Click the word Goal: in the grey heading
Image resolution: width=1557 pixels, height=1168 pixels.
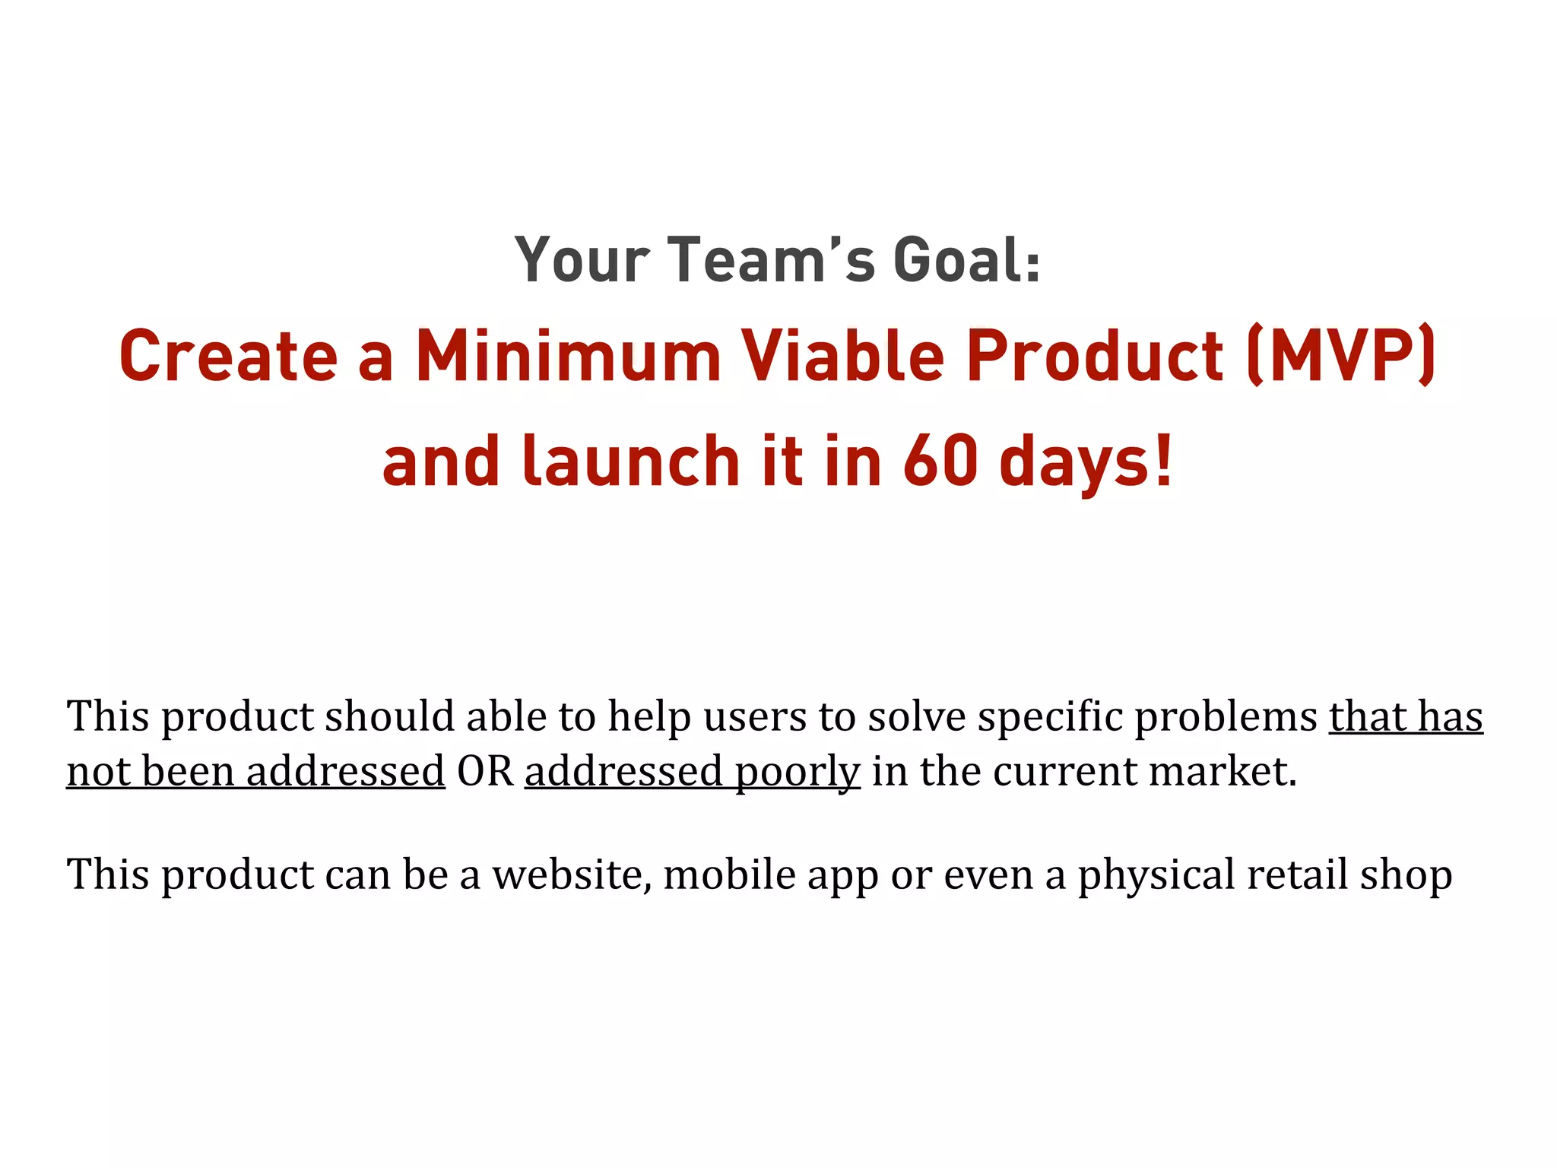point(966,260)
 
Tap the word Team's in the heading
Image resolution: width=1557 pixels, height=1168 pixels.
point(771,260)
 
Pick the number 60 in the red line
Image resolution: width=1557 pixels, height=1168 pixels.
point(940,462)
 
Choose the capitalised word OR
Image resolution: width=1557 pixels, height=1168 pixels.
point(485,772)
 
